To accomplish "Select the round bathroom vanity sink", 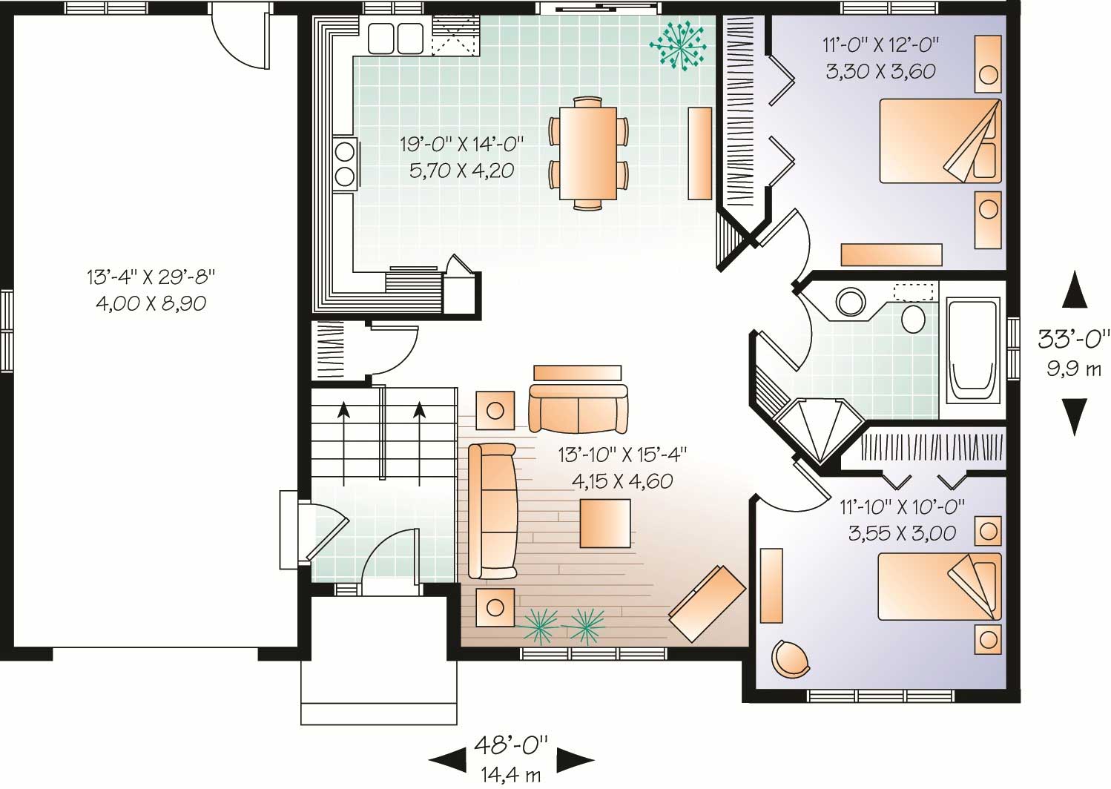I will click(850, 302).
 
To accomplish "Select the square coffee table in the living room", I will click(605, 523).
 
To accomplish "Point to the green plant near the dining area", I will click(678, 46).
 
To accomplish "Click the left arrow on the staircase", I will click(343, 430).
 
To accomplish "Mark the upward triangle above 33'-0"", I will click(1074, 290).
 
